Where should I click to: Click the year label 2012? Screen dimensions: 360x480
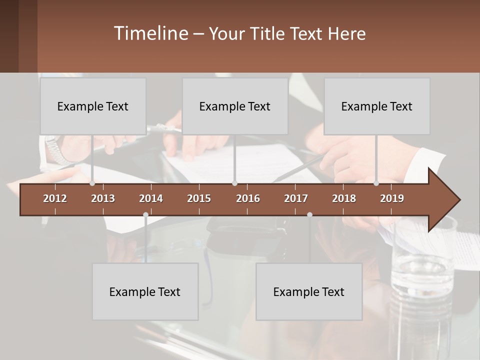tap(55, 198)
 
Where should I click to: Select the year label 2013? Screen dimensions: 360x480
tap(103, 198)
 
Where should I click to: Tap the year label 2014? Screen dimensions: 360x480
tap(151, 198)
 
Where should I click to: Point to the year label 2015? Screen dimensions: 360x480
tap(199, 198)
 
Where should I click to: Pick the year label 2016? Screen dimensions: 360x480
tap(248, 198)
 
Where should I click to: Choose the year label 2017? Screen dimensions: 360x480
tap(296, 198)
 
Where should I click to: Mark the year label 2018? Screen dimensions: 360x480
tap(344, 198)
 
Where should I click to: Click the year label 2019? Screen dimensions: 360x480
tap(392, 198)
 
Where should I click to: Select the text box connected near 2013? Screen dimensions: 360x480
tap(93, 106)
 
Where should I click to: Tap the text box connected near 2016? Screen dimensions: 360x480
tap(235, 106)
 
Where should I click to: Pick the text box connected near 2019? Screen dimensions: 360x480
tap(377, 106)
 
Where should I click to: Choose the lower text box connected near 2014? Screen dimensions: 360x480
tap(145, 291)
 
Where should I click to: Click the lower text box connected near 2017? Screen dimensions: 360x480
tap(309, 291)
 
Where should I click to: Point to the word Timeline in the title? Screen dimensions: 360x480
tap(150, 33)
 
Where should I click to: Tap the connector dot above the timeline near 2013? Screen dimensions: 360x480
tap(92, 183)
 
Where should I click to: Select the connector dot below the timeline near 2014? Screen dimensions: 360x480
tap(145, 214)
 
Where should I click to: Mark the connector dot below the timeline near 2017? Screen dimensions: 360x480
tap(309, 214)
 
